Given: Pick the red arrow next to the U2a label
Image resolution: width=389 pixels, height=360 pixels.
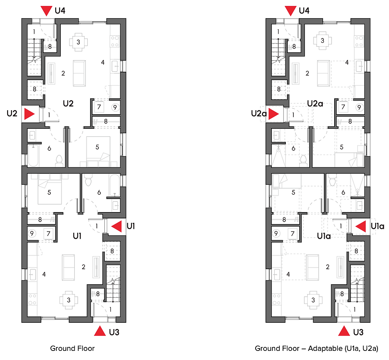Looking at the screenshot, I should click(x=273, y=115).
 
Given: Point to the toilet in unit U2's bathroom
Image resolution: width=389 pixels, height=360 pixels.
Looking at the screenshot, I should click(x=60, y=160).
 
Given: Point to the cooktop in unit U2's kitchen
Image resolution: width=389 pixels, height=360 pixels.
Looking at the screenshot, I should click(x=115, y=40).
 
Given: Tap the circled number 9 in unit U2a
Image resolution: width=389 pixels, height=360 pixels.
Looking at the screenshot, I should click(x=359, y=107).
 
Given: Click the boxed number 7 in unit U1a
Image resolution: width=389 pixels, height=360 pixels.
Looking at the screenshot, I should click(x=293, y=234).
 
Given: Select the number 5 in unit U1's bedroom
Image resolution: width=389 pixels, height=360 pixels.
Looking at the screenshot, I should click(x=49, y=193).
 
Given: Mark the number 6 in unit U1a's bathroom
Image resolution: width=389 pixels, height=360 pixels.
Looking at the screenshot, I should click(x=343, y=192).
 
